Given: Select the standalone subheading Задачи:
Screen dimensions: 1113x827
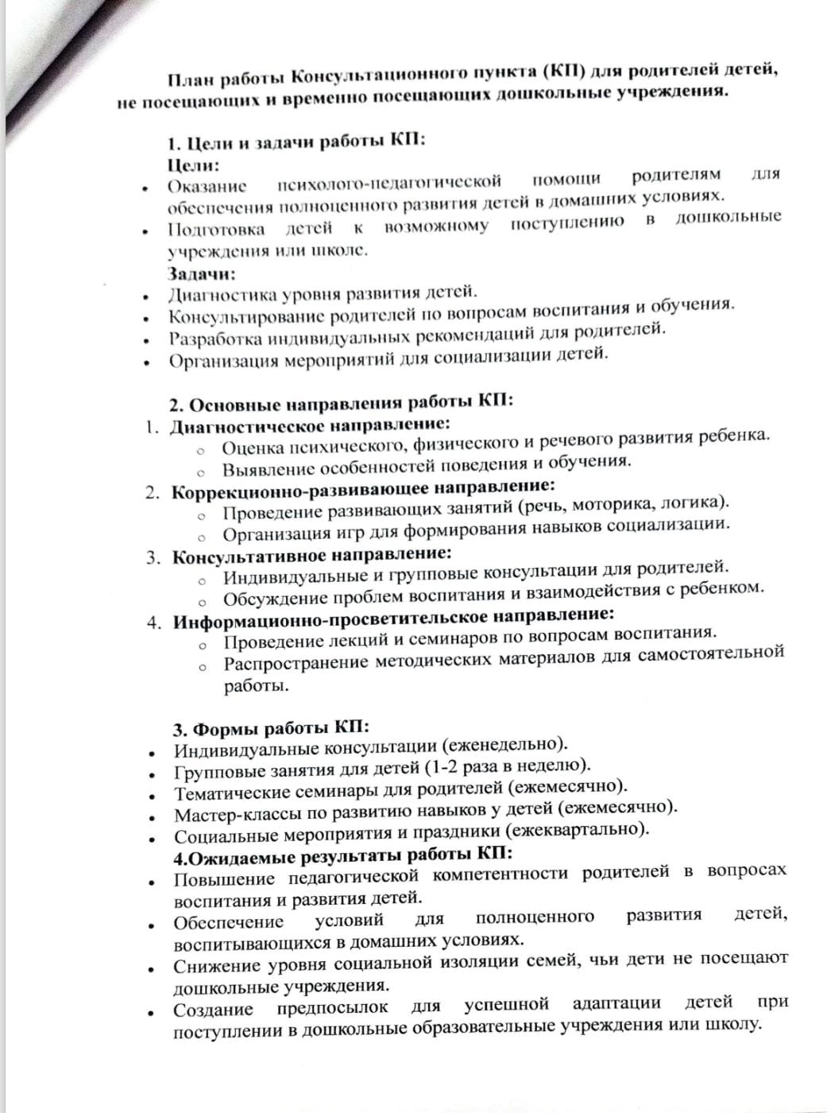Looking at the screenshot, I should coord(201,273).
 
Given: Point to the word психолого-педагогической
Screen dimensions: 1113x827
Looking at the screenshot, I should coord(389,183).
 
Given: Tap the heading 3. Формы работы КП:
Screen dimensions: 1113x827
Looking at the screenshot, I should coord(271,727).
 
